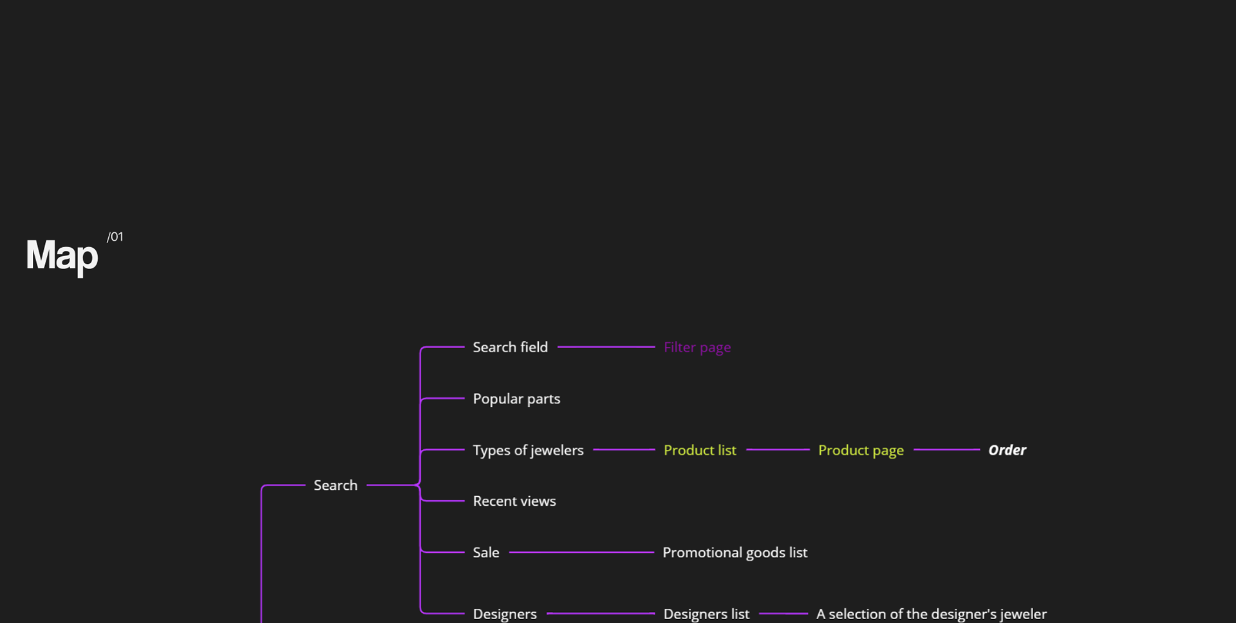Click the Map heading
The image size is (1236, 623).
[x=62, y=256]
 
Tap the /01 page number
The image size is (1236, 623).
[x=115, y=237]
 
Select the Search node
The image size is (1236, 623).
[x=335, y=485]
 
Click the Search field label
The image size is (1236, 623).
[x=510, y=348]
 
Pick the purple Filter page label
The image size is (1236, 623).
[x=697, y=348]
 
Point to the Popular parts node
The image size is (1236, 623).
[x=516, y=399]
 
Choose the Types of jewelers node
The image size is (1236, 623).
[x=528, y=451]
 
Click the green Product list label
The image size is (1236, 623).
[x=700, y=451]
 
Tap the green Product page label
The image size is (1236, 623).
[x=861, y=451]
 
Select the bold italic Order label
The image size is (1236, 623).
[x=1007, y=451]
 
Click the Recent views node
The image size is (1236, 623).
[x=514, y=501]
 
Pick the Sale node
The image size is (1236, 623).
[x=486, y=553]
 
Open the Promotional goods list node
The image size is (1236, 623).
[x=735, y=553]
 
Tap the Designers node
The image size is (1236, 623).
[x=505, y=614]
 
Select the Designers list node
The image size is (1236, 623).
[x=706, y=614]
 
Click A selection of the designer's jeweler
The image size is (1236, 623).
[x=931, y=614]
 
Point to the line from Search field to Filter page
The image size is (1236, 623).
[x=606, y=347]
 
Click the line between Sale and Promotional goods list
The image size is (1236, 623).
[x=581, y=552]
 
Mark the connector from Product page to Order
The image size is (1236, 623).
[x=946, y=450]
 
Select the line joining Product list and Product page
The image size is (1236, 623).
[x=778, y=450]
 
